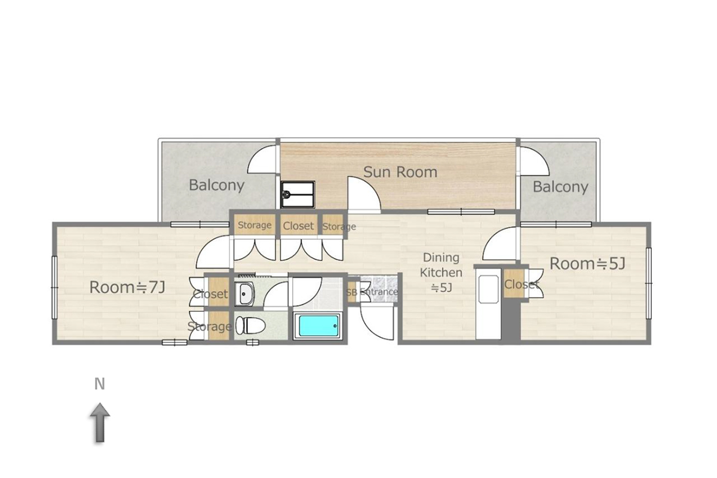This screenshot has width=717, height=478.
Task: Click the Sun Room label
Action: coord(400,172)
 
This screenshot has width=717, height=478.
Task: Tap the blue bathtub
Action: coord(319,326)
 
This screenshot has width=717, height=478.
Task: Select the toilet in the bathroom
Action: coord(250,326)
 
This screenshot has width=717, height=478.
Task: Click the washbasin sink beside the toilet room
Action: coord(244,294)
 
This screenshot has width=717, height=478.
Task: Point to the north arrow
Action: coord(100,422)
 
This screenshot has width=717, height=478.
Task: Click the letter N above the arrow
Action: coord(100,384)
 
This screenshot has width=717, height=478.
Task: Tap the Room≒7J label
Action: coord(127,287)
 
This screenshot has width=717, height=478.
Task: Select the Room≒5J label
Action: coord(587,264)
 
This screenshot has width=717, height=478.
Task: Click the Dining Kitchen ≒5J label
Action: coord(441,272)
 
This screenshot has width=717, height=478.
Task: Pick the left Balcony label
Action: coord(217,185)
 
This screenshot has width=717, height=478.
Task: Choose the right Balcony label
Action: coord(560,186)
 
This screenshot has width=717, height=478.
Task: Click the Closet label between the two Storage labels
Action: coord(298,226)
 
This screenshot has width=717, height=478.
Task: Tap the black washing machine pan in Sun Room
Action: coord(298,194)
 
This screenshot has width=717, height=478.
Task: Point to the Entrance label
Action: coord(379,292)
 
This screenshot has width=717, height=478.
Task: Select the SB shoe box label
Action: coord(351,292)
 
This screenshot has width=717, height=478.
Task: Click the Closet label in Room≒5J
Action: coord(522,284)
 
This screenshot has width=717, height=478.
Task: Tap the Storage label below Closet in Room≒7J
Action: coord(209,327)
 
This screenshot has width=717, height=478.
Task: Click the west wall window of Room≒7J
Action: coord(54,287)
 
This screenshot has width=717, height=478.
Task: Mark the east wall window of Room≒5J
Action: coord(648,283)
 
